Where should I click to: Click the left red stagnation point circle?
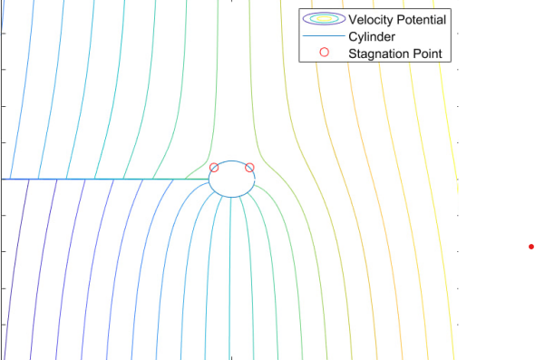click(214, 167)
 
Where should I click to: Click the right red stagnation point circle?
click(250, 167)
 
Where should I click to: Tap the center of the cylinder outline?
click(232, 179)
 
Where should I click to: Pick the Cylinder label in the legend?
click(374, 36)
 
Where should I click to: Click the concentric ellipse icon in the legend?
click(325, 19)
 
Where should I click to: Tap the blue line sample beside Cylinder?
click(325, 36)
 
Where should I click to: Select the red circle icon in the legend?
click(325, 54)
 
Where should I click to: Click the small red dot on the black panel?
click(531, 246)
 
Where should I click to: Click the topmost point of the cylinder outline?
click(232, 161)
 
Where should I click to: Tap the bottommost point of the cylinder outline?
click(232, 196)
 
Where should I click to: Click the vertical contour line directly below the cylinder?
click(232, 272)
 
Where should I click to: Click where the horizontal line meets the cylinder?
click(209, 179)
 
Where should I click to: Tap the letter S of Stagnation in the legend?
click(353, 54)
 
